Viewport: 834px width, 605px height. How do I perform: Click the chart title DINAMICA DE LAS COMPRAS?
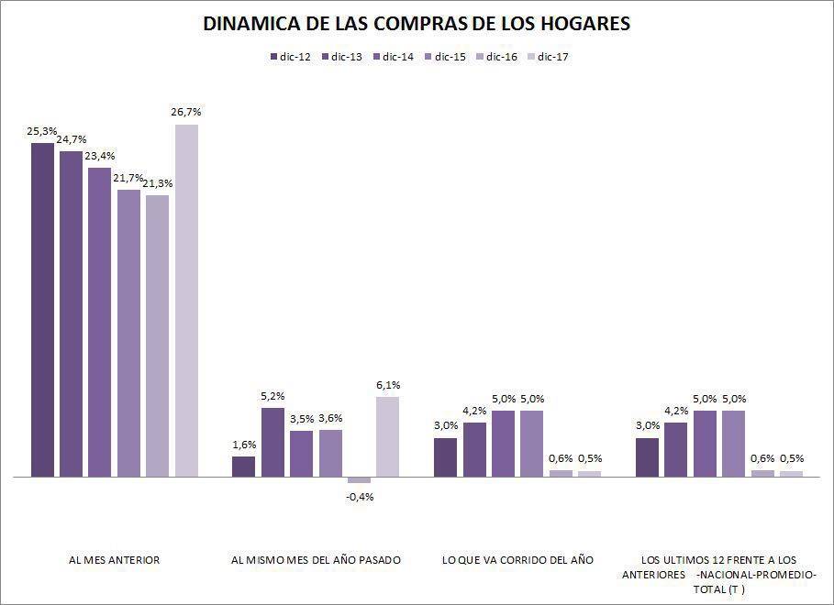coord(417,24)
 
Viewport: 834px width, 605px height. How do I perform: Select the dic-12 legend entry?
coord(291,57)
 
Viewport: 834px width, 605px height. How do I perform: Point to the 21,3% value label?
coord(158,183)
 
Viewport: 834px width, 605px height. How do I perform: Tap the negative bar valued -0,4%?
coord(359,480)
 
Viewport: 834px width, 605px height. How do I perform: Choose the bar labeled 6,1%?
coord(387,436)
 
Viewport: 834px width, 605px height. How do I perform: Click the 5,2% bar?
coord(272,442)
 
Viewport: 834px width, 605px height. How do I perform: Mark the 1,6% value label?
coord(244,445)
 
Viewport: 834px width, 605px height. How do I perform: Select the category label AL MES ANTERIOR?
coord(115,559)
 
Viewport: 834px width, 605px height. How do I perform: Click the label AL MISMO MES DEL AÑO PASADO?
coord(315,559)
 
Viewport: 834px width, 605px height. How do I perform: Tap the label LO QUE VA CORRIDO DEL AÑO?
coord(517,559)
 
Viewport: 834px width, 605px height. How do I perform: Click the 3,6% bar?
coord(330,453)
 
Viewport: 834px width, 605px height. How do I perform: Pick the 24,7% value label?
coord(72,138)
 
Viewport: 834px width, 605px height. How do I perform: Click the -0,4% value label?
coord(360,497)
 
